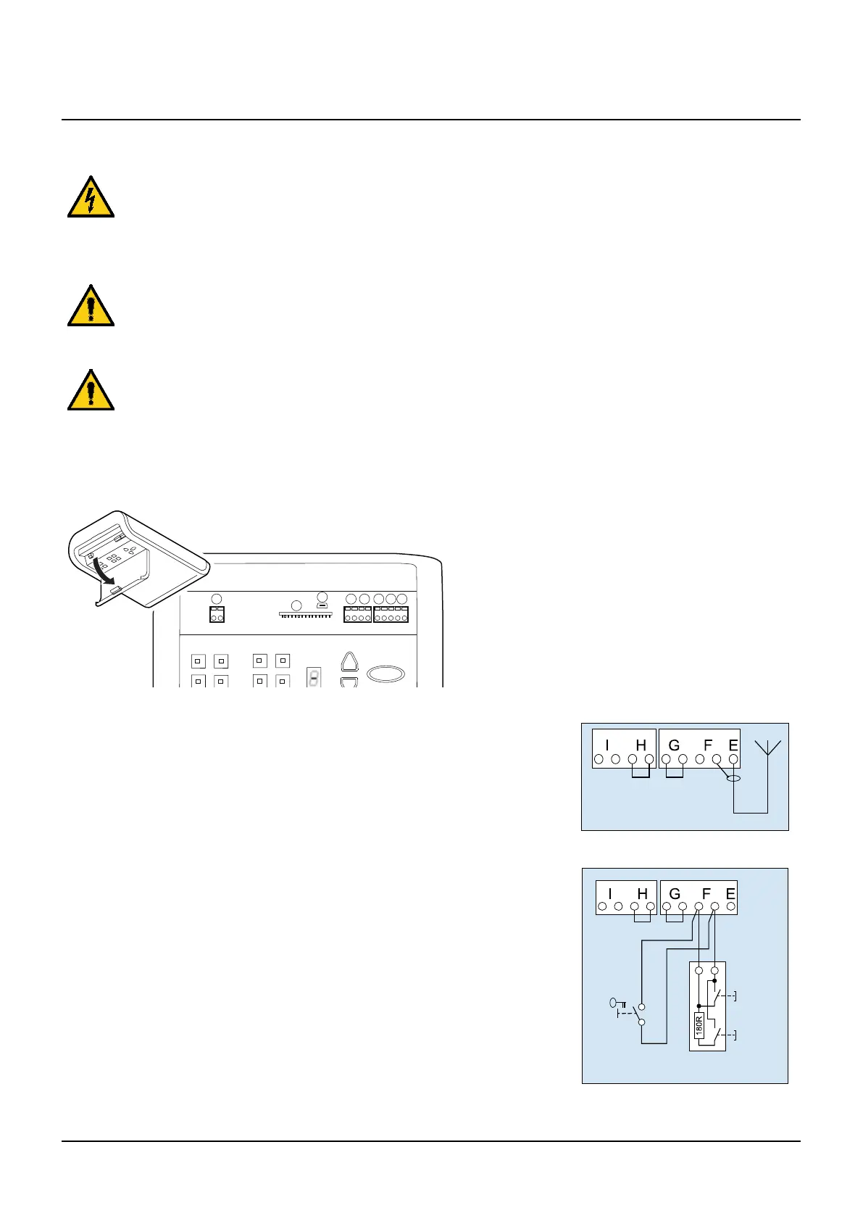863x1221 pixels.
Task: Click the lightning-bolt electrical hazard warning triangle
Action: (x=91, y=198)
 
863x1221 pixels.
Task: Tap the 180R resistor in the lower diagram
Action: (x=699, y=1025)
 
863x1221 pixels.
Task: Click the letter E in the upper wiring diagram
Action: (x=733, y=745)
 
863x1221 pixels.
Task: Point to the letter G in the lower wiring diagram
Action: (x=675, y=894)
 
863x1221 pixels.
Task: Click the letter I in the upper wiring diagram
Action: (x=607, y=745)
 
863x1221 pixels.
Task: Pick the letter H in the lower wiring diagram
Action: (x=642, y=894)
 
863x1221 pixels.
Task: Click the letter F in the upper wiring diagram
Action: (x=708, y=745)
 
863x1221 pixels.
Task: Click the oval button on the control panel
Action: (x=385, y=674)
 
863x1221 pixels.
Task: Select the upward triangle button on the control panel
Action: (x=349, y=663)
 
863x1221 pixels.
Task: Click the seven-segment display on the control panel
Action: (x=313, y=676)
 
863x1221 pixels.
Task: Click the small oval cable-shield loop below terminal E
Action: (x=734, y=779)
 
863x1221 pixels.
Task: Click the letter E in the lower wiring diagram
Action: (x=730, y=894)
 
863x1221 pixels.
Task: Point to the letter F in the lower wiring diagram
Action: (x=706, y=894)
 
